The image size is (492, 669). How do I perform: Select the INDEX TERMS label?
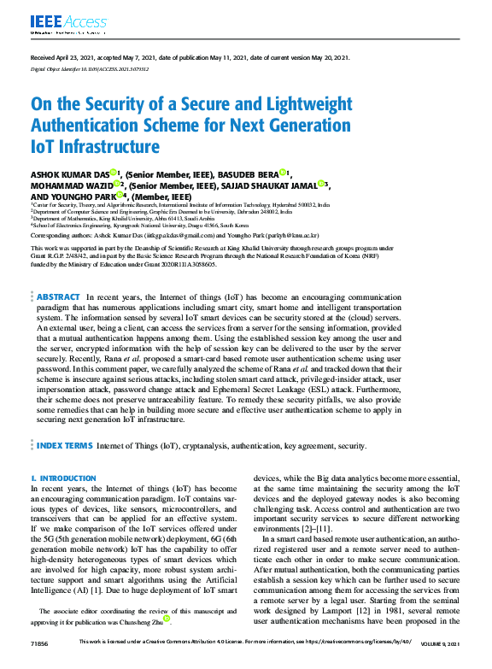click(64, 445)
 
